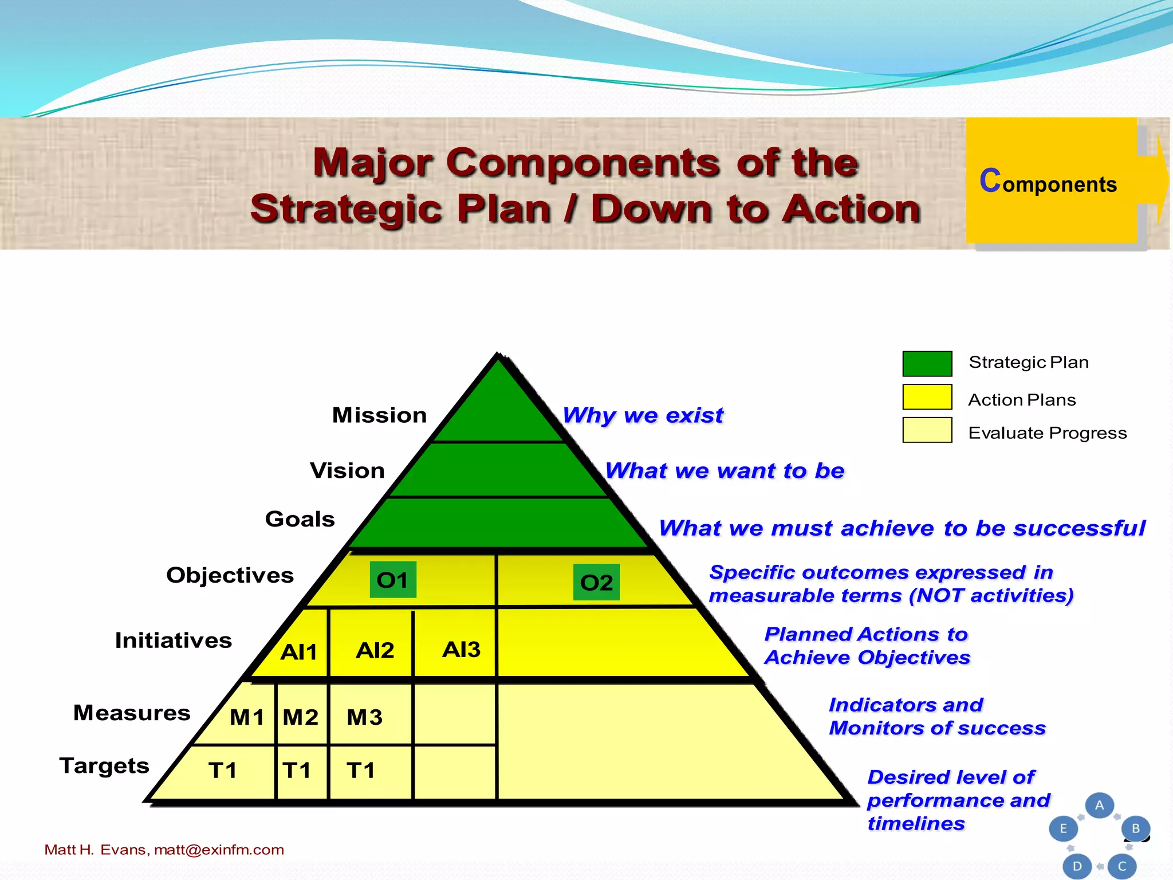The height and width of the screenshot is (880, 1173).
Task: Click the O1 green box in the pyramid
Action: point(393,580)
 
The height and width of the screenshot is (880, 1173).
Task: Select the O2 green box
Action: point(596,582)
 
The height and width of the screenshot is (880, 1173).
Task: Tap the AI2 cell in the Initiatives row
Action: point(375,650)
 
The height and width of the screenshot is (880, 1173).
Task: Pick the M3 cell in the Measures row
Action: point(365,717)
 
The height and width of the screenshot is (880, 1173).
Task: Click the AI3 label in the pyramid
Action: point(461,649)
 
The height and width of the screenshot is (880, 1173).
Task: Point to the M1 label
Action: point(247,717)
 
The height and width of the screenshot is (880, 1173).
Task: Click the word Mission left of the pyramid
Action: point(379,415)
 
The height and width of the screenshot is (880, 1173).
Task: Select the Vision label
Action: point(347,470)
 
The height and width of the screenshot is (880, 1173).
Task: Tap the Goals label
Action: point(300,519)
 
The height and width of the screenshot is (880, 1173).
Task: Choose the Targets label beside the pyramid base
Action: point(104,765)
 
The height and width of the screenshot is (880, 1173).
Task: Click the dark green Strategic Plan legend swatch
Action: point(927,363)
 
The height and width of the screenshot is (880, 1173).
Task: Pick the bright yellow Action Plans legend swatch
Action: point(927,396)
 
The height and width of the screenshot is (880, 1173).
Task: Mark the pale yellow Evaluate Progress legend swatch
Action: point(927,430)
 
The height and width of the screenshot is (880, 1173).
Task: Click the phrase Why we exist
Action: point(643,415)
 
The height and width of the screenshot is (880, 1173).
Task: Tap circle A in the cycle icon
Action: point(1099,805)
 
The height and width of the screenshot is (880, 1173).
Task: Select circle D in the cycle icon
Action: point(1077,866)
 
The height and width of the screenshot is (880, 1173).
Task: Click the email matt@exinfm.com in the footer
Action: point(219,850)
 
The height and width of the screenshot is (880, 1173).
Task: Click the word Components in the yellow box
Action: point(1048,182)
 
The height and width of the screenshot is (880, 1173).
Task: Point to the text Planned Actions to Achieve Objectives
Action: point(867,646)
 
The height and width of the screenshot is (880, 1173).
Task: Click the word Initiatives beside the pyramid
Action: point(173,640)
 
